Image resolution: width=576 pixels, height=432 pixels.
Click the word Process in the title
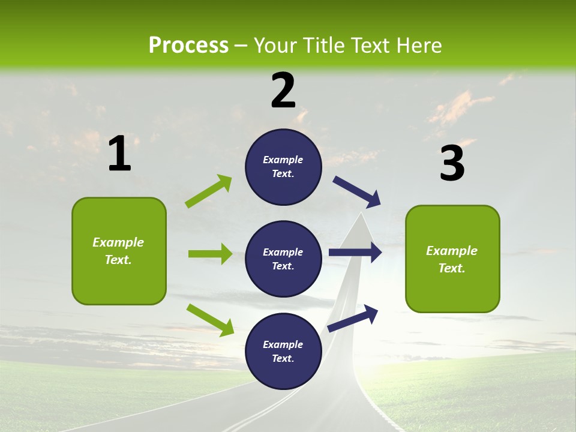[x=188, y=46]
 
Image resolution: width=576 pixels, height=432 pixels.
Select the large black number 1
[x=119, y=154]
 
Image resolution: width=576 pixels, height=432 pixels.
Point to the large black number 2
[x=283, y=90]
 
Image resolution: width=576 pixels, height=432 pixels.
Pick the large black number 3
[x=452, y=163]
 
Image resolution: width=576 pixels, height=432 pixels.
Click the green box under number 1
[x=119, y=251]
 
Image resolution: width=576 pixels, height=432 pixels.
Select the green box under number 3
[x=452, y=259]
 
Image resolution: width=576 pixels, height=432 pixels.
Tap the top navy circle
[x=283, y=167]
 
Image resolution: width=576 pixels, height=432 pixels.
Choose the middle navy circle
[x=283, y=259]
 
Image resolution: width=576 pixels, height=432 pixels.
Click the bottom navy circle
[x=283, y=352]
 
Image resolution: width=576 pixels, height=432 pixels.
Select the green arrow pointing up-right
[x=209, y=191]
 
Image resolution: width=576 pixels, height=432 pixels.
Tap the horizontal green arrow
[x=210, y=254]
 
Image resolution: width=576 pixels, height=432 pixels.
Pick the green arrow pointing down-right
[x=210, y=320]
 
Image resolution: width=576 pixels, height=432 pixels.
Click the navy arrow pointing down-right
[x=357, y=191]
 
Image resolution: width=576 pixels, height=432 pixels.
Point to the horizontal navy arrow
[x=355, y=253]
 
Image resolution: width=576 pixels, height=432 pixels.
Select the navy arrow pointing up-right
[x=353, y=318]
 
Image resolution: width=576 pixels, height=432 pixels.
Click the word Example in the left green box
[x=118, y=242]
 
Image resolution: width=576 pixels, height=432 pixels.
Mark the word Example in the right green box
[x=452, y=251]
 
